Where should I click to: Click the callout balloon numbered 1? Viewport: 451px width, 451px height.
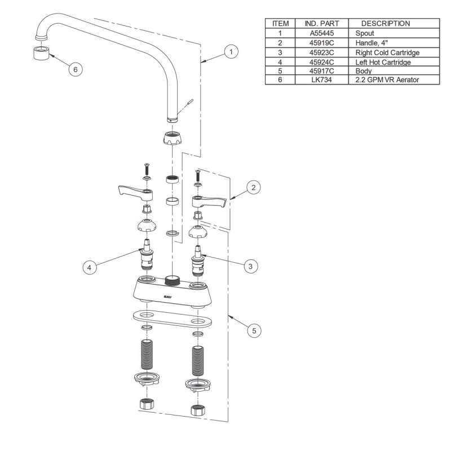click(x=229, y=52)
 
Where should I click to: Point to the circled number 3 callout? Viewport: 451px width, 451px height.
click(x=251, y=264)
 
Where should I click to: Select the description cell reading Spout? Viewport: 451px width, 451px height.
click(x=365, y=33)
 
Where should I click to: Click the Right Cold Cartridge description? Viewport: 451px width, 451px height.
click(x=388, y=52)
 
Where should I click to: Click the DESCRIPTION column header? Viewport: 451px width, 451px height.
click(x=385, y=24)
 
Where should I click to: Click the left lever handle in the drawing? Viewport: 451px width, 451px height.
click(x=132, y=193)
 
